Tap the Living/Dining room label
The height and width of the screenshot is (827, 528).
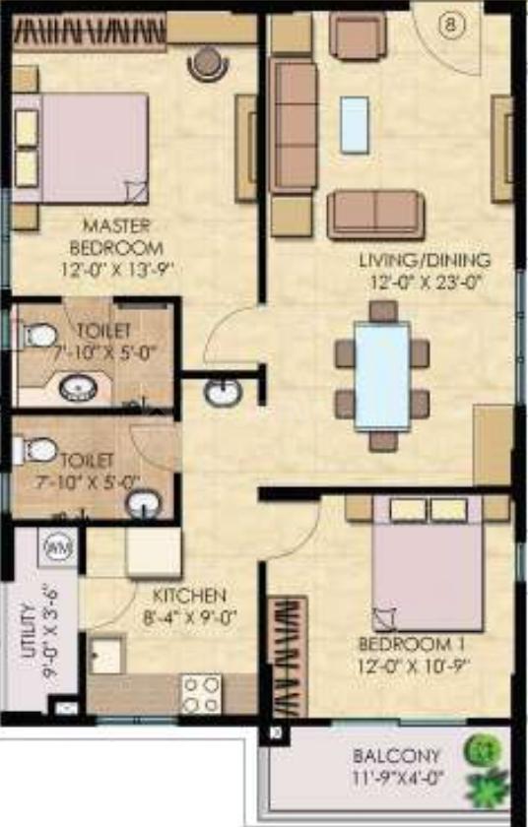coord(425,261)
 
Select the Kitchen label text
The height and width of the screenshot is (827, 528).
coord(190,596)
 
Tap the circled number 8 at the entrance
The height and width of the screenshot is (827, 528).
coord(451,27)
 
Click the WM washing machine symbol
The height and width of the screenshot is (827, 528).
coord(57,544)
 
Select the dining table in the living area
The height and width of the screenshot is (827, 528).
coord(382,375)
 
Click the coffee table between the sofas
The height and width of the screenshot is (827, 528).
coord(355,124)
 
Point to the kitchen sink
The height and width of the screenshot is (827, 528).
coord(105,655)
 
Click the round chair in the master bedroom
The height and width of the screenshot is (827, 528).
coord(208,63)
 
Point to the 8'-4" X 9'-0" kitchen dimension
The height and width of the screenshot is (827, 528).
coord(190,617)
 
